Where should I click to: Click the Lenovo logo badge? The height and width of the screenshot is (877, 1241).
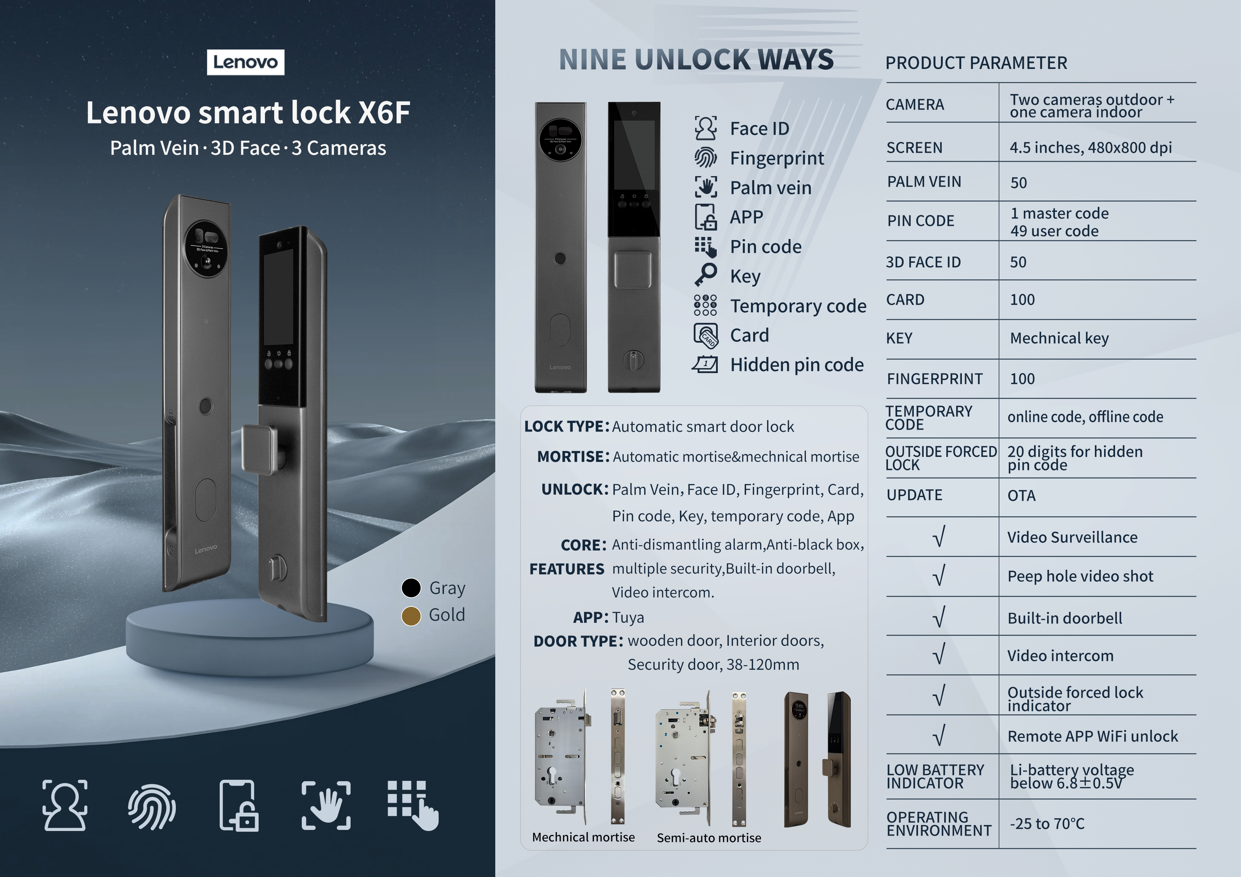pyautogui.click(x=246, y=62)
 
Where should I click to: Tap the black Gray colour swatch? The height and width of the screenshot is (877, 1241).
pyautogui.click(x=411, y=588)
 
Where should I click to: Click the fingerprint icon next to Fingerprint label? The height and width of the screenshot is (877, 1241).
pyautogui.click(x=706, y=158)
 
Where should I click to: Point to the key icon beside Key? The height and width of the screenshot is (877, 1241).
pyautogui.click(x=706, y=275)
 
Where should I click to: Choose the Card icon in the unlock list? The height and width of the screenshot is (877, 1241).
pyautogui.click(x=706, y=335)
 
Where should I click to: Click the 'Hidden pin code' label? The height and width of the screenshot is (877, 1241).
pyautogui.click(x=797, y=365)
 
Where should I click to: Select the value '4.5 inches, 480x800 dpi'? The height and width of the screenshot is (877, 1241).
pyautogui.click(x=1091, y=147)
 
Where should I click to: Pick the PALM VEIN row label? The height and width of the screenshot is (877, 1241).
pyautogui.click(x=924, y=181)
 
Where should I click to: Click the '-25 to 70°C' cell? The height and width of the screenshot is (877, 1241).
pyautogui.click(x=1047, y=824)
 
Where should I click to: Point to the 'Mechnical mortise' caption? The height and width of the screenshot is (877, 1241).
pyautogui.click(x=583, y=837)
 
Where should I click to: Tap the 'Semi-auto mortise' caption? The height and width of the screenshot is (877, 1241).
pyautogui.click(x=709, y=837)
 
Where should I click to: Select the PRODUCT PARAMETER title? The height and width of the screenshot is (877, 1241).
pyautogui.click(x=976, y=63)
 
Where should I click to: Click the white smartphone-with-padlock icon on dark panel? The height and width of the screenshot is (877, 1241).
pyautogui.click(x=239, y=805)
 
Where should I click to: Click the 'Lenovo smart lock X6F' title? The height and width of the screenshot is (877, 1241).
pyautogui.click(x=248, y=112)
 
